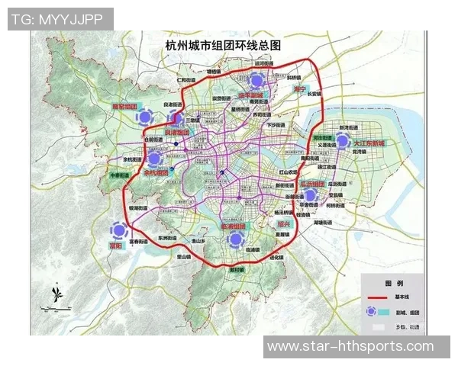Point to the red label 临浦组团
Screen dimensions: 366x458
pyautogui.click(x=234, y=227)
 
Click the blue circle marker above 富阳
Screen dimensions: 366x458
pyautogui.click(x=118, y=230)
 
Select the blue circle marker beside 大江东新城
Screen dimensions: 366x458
pyautogui.click(x=343, y=142)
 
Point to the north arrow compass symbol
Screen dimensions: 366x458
pyautogui.click(x=55, y=293)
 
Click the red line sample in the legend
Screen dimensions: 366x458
pyautogui.click(x=380, y=296)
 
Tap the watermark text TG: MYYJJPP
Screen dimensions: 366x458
pyautogui.click(x=59, y=19)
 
